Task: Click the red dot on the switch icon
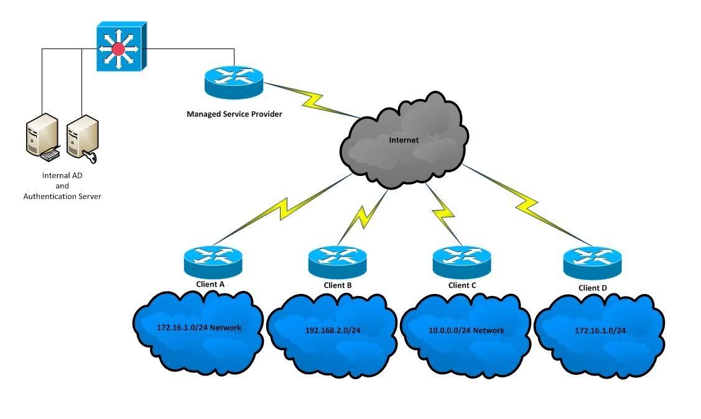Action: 118,48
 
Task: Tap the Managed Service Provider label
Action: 234,114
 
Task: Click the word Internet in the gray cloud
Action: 404,140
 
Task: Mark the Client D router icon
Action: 592,263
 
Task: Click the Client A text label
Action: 210,284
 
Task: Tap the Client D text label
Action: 593,288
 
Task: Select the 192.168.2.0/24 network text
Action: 333,331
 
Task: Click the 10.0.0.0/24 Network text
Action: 467,331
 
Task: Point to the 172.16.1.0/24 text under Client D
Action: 600,331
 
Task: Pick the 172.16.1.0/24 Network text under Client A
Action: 199,328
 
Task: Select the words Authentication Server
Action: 62,196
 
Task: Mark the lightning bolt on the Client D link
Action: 527,205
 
